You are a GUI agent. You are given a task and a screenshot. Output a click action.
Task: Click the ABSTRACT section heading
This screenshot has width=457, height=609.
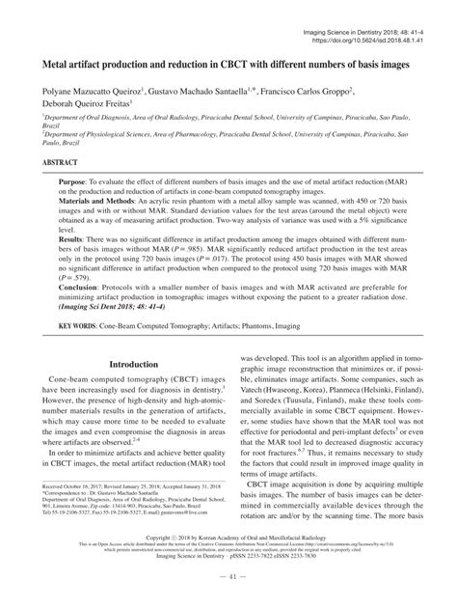pos(63,164)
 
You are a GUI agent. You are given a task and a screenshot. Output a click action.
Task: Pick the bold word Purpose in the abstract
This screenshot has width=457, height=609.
pos(79,181)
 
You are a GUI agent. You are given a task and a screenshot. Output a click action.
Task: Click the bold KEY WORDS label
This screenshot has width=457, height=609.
pos(85,352)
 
